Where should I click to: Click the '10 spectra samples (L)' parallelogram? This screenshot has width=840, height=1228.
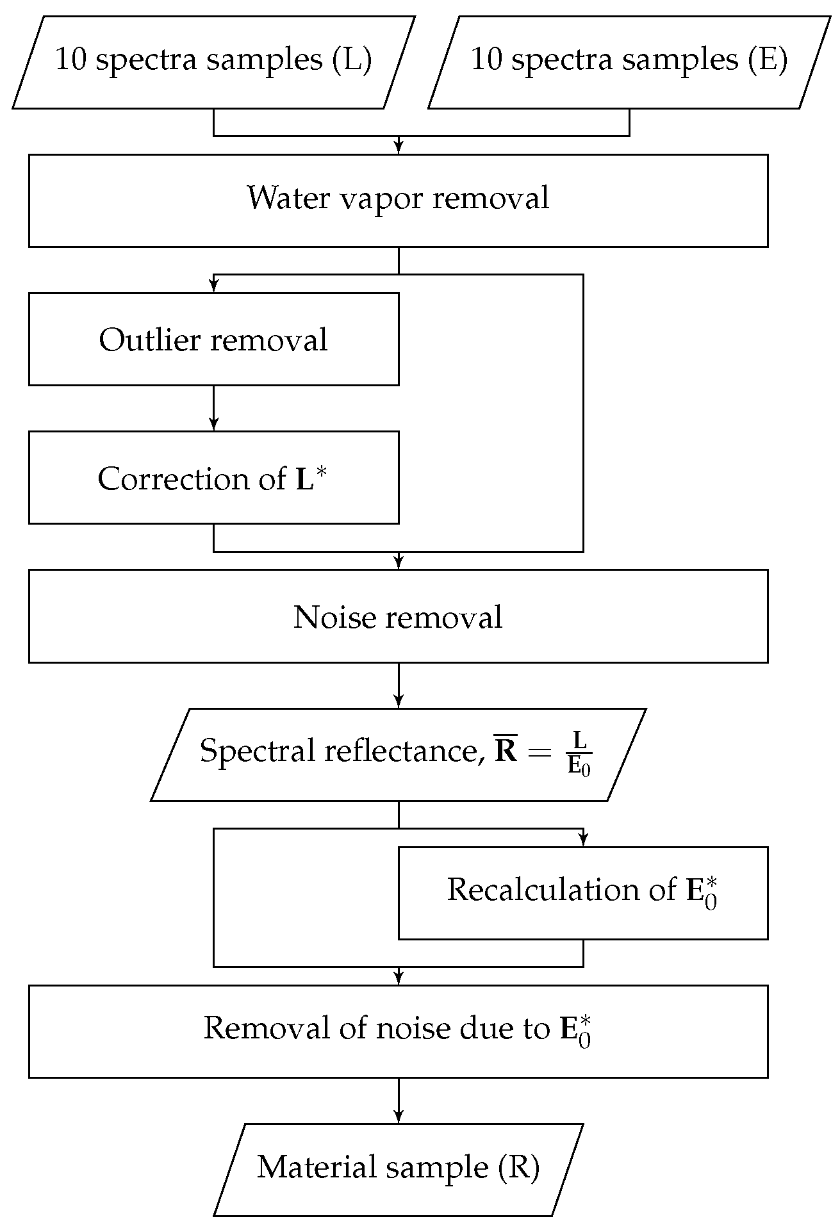pos(213,62)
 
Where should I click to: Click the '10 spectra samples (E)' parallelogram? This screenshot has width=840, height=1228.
pos(629,62)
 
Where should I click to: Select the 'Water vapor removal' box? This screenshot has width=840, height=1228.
pos(398,200)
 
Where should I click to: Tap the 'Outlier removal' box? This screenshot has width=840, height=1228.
pos(213,339)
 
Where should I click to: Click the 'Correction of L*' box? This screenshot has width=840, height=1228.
pos(213,477)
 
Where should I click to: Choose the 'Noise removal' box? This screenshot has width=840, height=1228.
pos(398,616)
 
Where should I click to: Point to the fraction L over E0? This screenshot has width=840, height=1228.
pos(579,754)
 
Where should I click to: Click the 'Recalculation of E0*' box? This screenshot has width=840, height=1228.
pos(582,892)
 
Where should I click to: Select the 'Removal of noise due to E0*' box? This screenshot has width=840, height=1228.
pos(398,1031)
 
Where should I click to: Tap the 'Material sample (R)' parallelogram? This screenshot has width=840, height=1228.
pos(398,1169)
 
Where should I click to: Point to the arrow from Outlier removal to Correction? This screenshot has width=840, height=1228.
pos(213,408)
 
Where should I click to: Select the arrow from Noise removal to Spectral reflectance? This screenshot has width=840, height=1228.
pos(399,685)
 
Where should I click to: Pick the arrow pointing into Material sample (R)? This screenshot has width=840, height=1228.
pos(399,1100)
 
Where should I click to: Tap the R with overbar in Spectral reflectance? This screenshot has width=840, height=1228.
pos(506,750)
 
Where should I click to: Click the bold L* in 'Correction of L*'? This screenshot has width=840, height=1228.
pos(311,479)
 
